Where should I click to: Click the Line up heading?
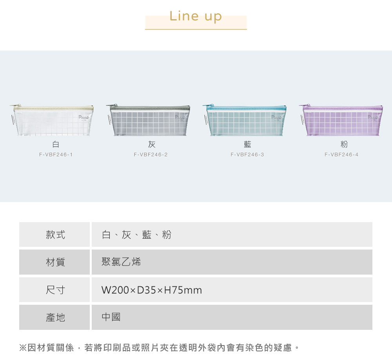coord(196,16)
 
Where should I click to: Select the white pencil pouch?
coord(52,120)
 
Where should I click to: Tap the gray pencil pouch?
coord(148,120)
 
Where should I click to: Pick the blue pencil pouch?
coord(245,120)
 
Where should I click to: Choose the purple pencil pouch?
coord(341,120)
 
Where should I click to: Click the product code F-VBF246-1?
coord(56,155)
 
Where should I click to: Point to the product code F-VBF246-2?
coord(151,155)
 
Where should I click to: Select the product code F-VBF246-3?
coord(247,155)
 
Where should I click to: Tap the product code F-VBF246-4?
coord(341,155)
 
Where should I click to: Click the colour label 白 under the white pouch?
coord(56,145)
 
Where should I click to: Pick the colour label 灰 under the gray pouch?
coord(152,145)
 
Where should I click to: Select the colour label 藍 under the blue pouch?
coord(247,145)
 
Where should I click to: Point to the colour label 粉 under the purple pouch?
coord(344,145)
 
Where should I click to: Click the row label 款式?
coord(55,235)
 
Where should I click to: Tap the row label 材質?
coord(55,262)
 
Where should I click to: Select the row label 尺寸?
coord(55,290)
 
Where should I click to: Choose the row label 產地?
coord(55,318)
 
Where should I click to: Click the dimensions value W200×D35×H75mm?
coord(152,290)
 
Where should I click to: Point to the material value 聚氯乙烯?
coord(121,262)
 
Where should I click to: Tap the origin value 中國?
coord(111,318)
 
